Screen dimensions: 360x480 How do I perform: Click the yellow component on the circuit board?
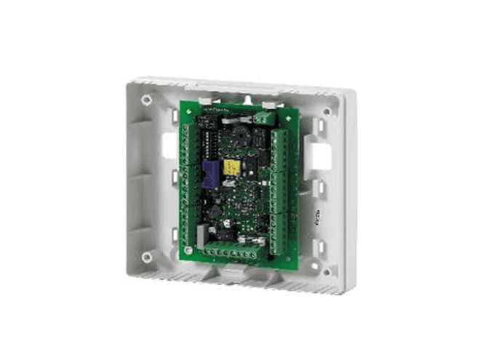[x=232, y=168]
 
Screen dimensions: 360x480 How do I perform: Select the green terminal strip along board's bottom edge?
[x=231, y=253]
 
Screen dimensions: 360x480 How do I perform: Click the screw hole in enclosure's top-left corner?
[x=147, y=99]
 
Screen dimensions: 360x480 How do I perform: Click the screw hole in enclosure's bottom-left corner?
[x=147, y=257]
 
